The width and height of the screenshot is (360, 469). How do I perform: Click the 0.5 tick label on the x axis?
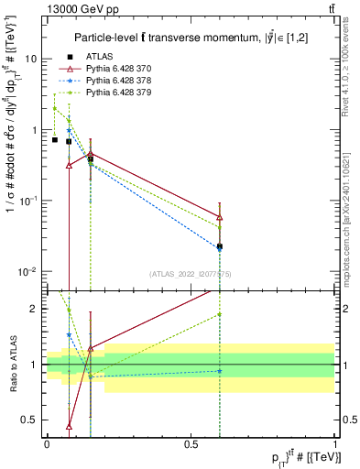(191, 443)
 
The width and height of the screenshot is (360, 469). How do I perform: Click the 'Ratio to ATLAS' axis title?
(11, 364)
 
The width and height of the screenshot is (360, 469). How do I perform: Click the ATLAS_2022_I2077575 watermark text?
(190, 273)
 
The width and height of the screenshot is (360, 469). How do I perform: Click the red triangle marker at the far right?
(220, 217)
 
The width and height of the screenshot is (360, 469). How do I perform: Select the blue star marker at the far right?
(220, 246)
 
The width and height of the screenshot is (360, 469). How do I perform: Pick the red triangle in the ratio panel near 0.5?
(69, 426)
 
